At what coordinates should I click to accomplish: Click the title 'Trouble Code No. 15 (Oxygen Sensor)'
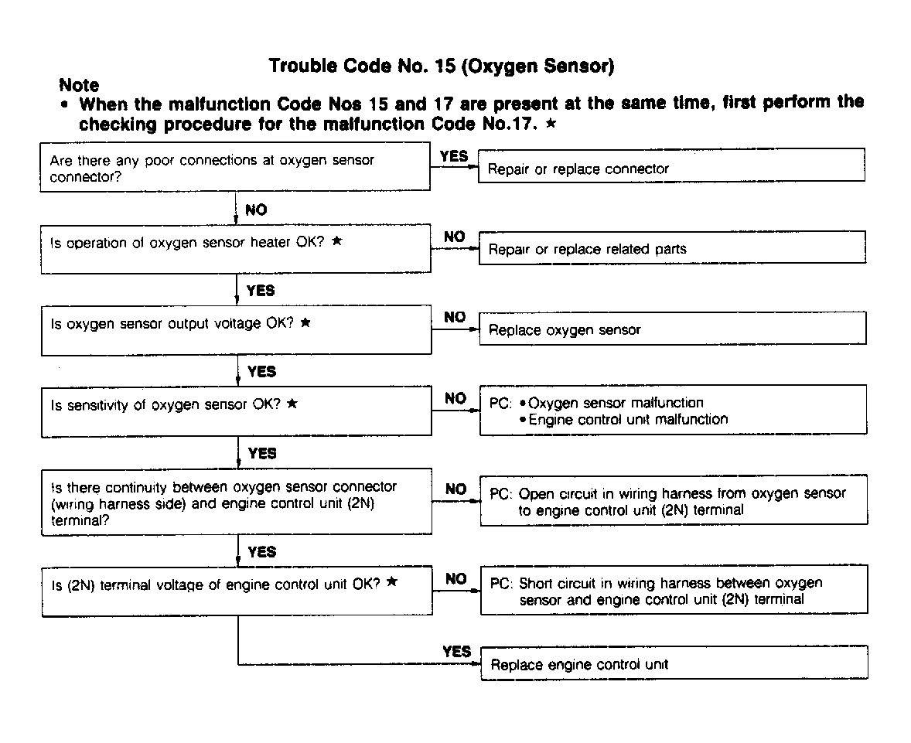tap(442, 66)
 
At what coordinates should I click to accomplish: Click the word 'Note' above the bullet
tap(79, 85)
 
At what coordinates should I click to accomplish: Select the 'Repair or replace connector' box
tap(671, 169)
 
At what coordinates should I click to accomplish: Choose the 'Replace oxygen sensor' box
tap(671, 330)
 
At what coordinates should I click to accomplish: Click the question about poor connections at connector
tap(236, 169)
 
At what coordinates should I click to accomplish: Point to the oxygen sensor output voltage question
tap(236, 329)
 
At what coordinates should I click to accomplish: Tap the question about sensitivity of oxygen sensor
tap(236, 411)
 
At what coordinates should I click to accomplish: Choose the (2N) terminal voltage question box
tap(236, 591)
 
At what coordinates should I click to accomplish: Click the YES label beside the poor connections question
tap(454, 156)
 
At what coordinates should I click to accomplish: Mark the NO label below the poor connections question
tap(256, 210)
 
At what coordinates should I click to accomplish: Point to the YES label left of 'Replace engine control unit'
tap(456, 652)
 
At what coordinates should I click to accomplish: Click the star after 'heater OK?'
tap(336, 241)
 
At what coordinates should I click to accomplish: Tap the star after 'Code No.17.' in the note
tap(551, 124)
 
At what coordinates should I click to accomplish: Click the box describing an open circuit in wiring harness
tap(673, 501)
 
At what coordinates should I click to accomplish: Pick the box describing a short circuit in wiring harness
tap(673, 591)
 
